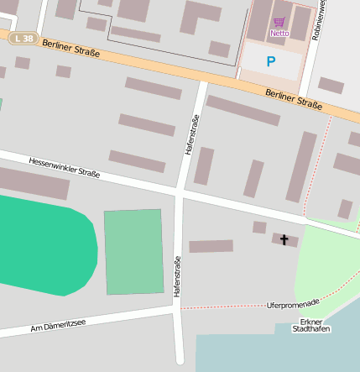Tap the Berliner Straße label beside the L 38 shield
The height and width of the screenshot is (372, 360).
[70, 48]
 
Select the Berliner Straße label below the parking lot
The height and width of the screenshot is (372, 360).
[293, 99]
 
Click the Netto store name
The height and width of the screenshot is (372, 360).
[279, 34]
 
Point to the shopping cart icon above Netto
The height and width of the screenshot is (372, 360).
[279, 22]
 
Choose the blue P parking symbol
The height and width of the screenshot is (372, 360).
[270, 61]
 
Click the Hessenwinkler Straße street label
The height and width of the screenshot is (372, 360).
[64, 167]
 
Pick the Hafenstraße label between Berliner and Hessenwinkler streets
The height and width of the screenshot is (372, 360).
[192, 134]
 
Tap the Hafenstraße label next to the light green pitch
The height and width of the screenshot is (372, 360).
[178, 276]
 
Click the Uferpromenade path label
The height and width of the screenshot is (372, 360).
[293, 302]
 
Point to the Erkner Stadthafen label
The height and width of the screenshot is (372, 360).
[310, 325]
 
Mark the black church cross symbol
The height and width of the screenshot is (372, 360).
[284, 240]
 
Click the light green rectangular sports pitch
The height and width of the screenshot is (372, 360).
[133, 252]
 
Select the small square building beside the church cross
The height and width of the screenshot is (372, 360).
[259, 228]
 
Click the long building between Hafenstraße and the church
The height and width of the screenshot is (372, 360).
[211, 246]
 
